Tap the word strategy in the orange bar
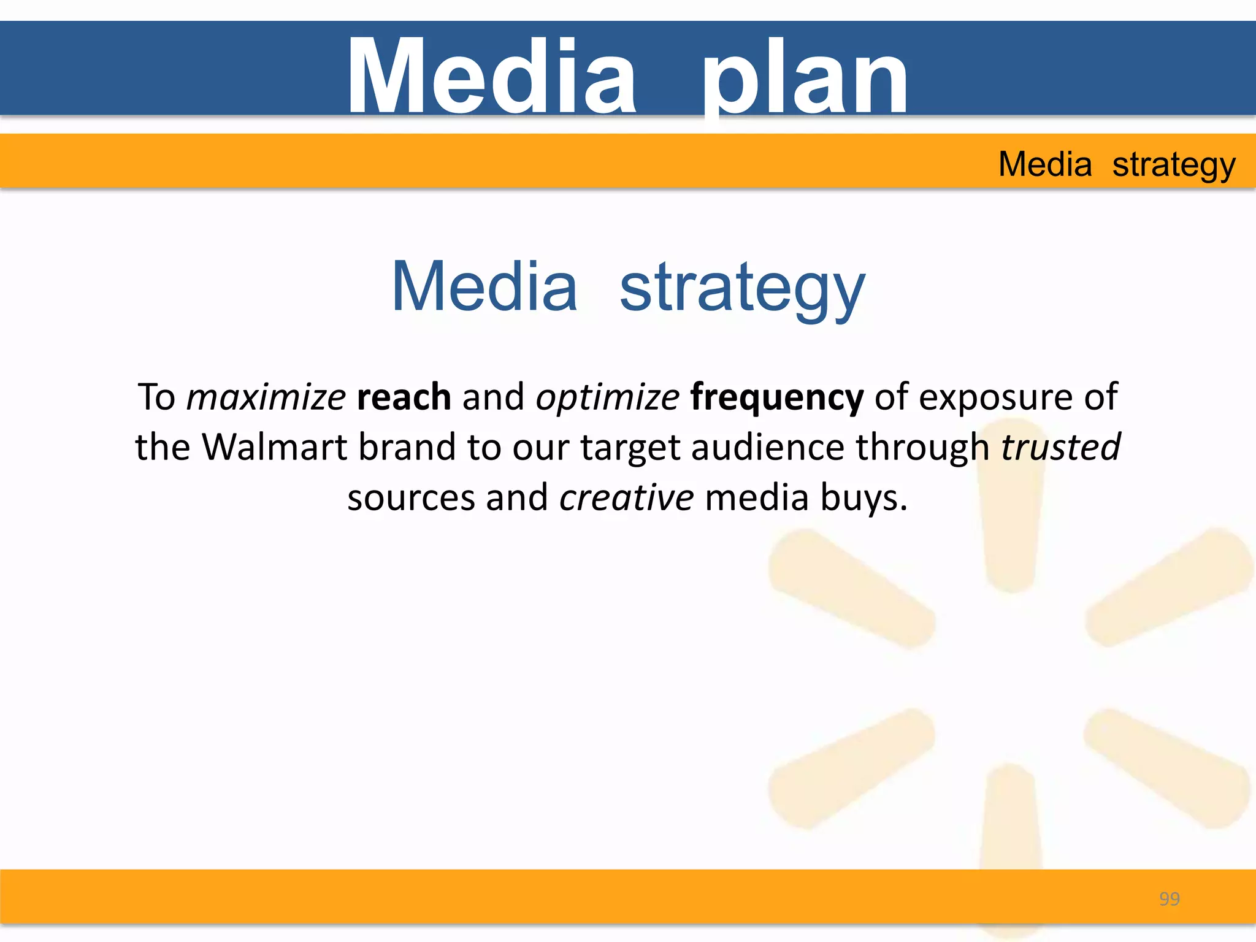pyautogui.click(x=1173, y=164)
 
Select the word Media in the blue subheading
pyautogui.click(x=484, y=287)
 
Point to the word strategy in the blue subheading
pyautogui.click(x=742, y=287)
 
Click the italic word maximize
pyautogui.click(x=266, y=397)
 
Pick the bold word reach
pyautogui.click(x=404, y=397)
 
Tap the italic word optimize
pyautogui.click(x=607, y=397)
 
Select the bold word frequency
pyautogui.click(x=776, y=397)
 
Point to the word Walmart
pyautogui.click(x=274, y=447)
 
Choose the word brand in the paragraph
pyautogui.click(x=407, y=447)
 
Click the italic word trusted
pyautogui.click(x=1060, y=447)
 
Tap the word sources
pyautogui.click(x=411, y=497)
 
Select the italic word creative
pyautogui.click(x=626, y=497)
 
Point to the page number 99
pyautogui.click(x=1169, y=899)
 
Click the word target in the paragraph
pyautogui.click(x=630, y=448)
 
